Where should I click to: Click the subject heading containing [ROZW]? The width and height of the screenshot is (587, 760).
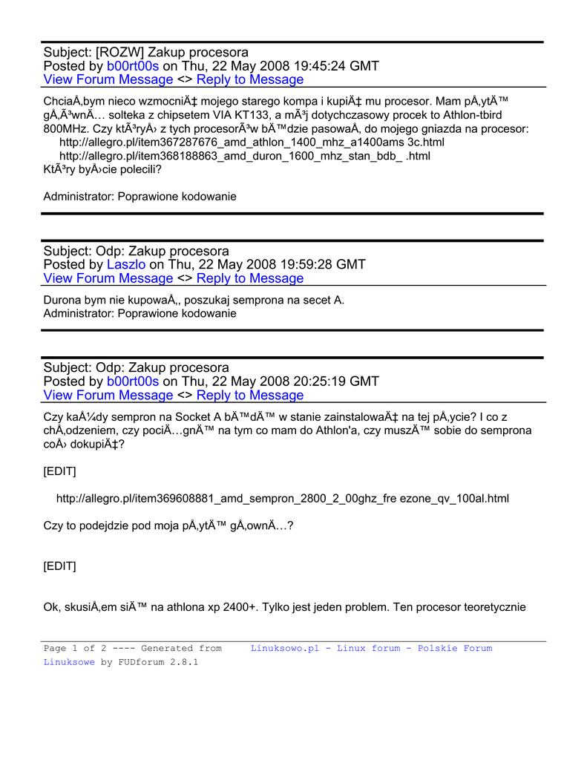tap(146, 53)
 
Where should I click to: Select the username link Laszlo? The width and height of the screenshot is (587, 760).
tap(126, 265)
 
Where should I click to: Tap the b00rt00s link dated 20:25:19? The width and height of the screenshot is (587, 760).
tap(133, 381)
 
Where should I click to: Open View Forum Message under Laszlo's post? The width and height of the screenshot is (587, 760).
tap(108, 279)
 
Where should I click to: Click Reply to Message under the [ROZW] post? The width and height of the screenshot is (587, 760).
tap(250, 80)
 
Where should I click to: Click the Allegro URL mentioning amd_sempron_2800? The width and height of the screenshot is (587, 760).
tap(282, 499)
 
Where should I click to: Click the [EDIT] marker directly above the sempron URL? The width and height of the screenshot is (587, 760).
tap(59, 471)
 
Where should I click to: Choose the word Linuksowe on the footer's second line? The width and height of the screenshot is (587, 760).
tap(69, 662)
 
